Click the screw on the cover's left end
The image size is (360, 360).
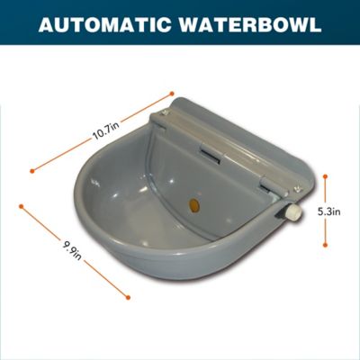pos(165,113)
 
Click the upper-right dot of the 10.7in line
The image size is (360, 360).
pos(171,91)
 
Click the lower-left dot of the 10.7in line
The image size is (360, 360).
pos(31,167)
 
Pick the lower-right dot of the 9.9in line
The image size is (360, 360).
pos(129,296)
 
